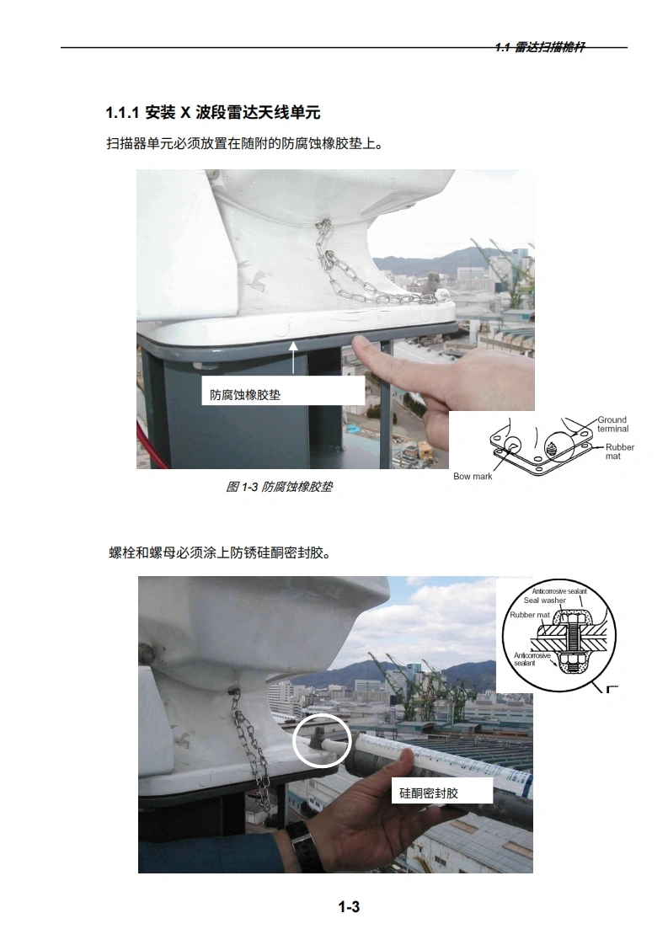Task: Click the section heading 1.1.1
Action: tap(213, 112)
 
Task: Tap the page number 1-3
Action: tap(349, 906)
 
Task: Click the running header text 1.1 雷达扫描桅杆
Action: tap(539, 47)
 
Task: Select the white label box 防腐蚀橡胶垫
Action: tap(283, 391)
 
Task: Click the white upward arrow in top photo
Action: tap(294, 358)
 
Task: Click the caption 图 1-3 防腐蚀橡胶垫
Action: tap(279, 487)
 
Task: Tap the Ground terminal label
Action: tap(612, 424)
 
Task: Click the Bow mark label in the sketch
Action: tap(473, 476)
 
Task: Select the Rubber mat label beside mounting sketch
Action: tap(620, 451)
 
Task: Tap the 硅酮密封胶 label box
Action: tap(442, 793)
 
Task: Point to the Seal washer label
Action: tap(544, 601)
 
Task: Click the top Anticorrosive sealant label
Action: tap(558, 591)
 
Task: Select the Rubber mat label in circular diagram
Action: tap(530, 615)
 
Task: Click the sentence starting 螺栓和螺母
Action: tap(220, 552)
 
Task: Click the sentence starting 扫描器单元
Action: tap(244, 143)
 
